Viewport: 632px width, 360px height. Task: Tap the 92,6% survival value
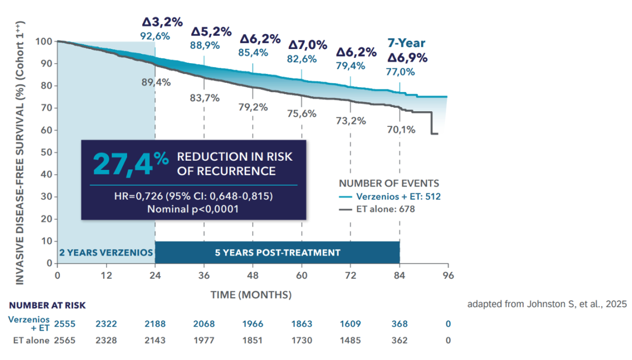coord(155,36)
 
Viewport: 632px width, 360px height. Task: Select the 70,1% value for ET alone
coord(400,130)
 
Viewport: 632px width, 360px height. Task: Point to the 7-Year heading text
coord(406,43)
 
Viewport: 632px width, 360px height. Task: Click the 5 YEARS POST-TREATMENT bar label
coord(278,253)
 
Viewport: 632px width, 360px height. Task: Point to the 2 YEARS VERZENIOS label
coord(106,253)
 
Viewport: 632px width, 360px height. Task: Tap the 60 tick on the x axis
coord(302,275)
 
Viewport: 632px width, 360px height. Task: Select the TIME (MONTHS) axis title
coord(251,295)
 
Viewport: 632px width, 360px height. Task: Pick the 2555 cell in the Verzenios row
coord(65,324)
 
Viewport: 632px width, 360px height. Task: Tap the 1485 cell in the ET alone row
coord(350,340)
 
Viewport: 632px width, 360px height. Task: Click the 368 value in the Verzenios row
coord(400,324)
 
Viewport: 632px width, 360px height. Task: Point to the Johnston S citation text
coord(547,304)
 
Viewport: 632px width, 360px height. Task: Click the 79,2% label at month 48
coord(253,107)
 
